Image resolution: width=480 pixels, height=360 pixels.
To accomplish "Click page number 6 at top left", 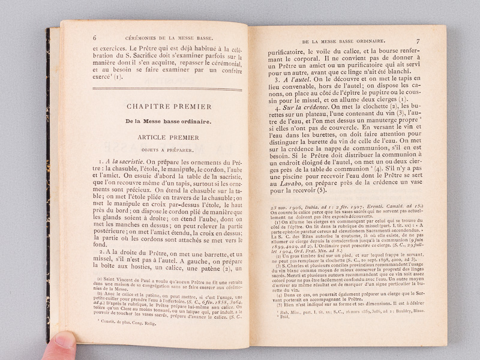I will (x=95, y=37).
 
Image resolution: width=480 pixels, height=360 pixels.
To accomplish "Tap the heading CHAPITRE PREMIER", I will (x=169, y=106).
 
